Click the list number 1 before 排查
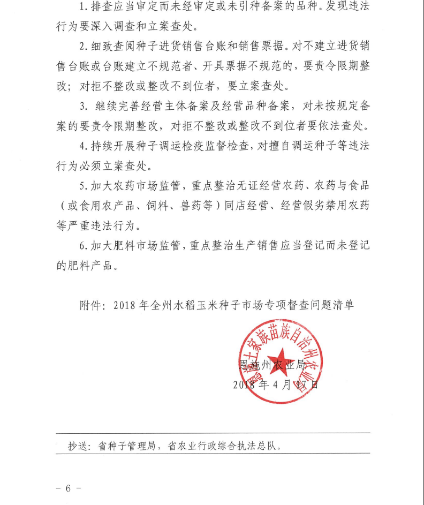coord(82,8)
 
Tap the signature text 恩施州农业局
coord(271,366)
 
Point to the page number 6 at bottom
coord(68,488)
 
